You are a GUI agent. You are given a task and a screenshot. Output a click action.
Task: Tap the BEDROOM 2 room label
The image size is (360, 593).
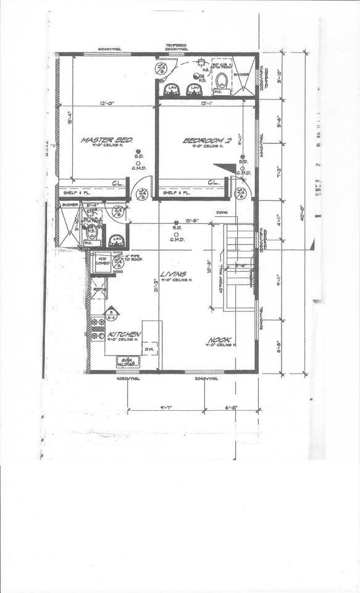point(206,141)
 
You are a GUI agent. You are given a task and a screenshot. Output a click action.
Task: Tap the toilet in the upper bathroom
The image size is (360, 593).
point(222,82)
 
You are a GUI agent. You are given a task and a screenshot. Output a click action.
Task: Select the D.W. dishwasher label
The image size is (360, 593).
point(149,350)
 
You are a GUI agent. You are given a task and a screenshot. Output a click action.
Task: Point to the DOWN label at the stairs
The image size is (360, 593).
point(223,213)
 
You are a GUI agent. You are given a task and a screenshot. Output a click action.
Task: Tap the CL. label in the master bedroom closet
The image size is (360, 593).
point(118,183)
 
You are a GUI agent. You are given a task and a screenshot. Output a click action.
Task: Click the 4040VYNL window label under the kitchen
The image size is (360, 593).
point(128,379)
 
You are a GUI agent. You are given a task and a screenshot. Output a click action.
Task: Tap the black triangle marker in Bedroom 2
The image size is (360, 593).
point(226,167)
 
